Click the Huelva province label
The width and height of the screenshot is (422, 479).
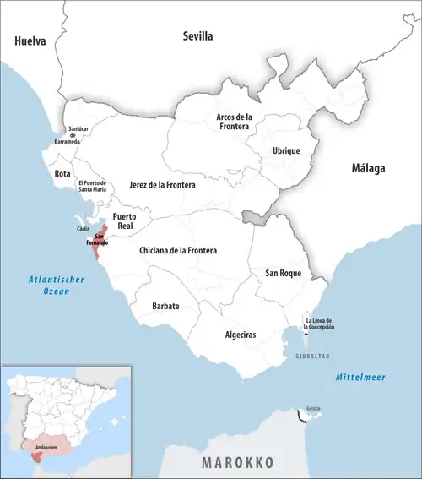[x=30, y=40]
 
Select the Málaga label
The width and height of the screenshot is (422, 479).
[x=368, y=168]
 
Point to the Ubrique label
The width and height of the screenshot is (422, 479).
[x=285, y=150]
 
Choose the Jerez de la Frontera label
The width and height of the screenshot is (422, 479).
[x=162, y=184]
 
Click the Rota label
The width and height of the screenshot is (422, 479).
[x=62, y=173]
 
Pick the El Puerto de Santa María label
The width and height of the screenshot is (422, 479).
[x=93, y=187]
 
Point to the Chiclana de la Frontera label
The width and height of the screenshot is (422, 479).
[x=177, y=251]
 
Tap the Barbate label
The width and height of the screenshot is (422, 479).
[x=165, y=305]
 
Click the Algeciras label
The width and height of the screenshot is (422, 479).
[x=241, y=335]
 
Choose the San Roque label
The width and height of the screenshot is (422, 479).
[x=283, y=273]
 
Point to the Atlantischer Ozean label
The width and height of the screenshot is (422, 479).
[x=48, y=286]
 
